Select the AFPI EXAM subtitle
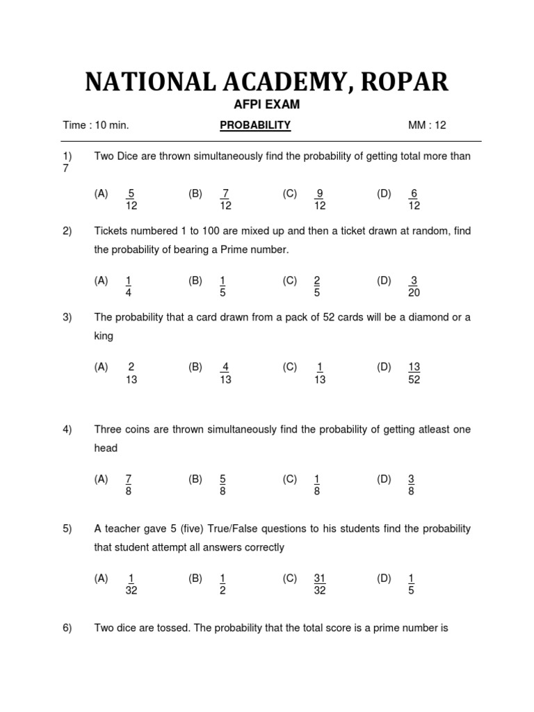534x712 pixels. [267, 105]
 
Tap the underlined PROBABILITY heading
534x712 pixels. [255, 125]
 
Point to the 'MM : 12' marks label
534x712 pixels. [427, 125]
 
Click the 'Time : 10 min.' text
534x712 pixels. [96, 125]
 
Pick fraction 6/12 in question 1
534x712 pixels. [414, 200]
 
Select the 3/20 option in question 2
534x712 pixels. [414, 286]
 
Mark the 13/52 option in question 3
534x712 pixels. [414, 373]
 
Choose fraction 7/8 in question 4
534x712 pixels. [129, 485]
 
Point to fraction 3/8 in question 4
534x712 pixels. [412, 485]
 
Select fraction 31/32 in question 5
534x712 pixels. [320, 584]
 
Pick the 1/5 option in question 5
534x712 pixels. [412, 584]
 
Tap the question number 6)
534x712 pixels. [67, 628]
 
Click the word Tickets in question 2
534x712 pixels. [111, 231]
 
